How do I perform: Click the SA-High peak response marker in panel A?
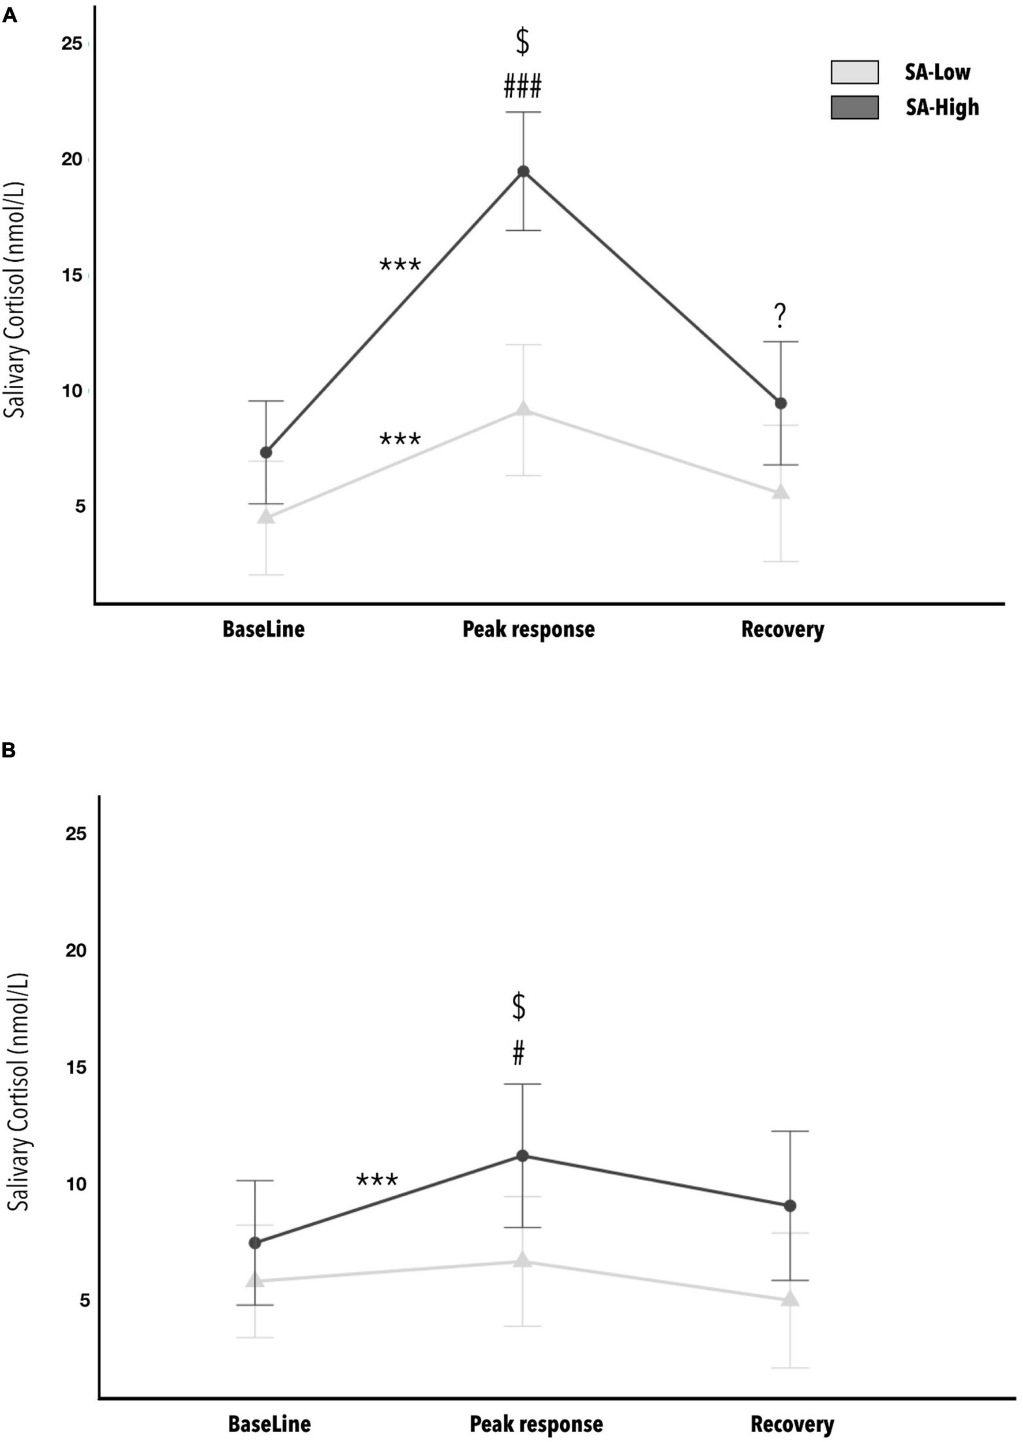(x=523, y=171)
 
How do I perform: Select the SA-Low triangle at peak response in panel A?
(x=523, y=410)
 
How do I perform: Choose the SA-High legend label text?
(x=942, y=108)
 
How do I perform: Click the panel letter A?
(x=9, y=16)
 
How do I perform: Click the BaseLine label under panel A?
(x=263, y=629)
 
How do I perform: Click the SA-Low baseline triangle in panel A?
(x=266, y=516)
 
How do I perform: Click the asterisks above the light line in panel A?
(x=400, y=439)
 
